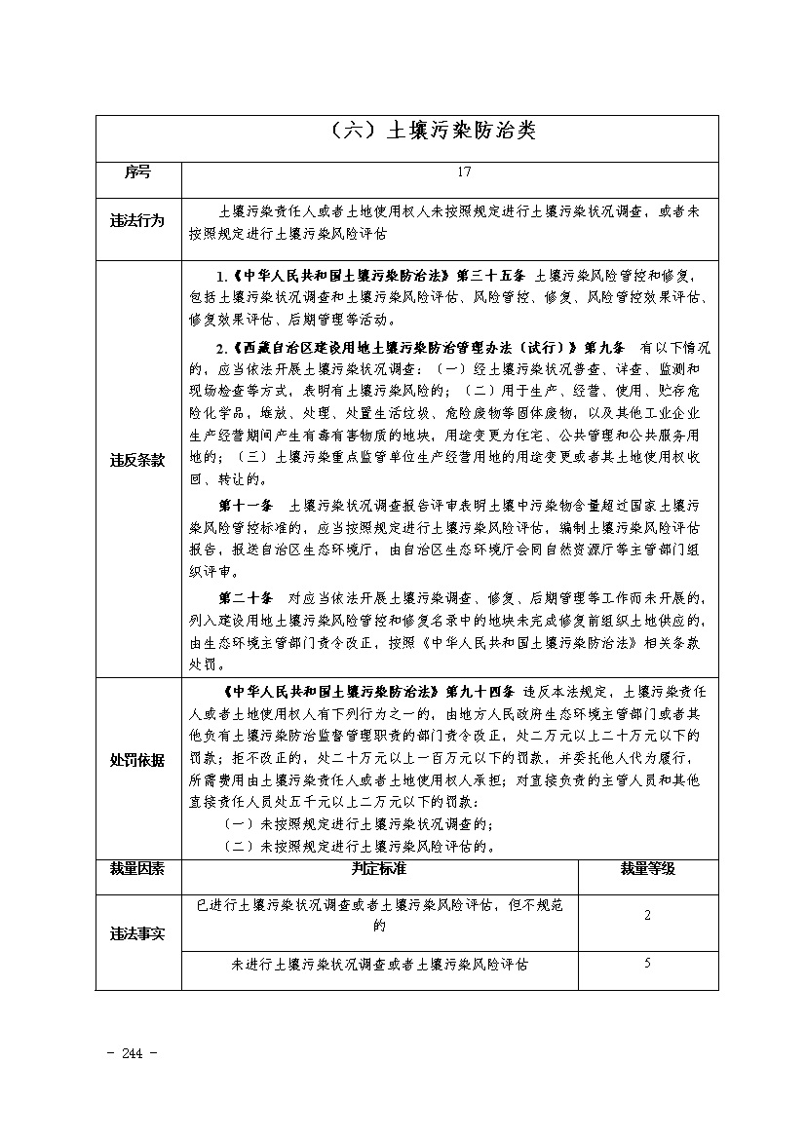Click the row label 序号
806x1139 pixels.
[x=137, y=172]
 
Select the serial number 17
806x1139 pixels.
[x=464, y=172]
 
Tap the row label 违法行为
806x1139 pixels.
[x=137, y=221]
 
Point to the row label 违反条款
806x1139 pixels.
[x=137, y=461]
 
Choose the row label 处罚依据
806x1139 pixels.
[x=137, y=760]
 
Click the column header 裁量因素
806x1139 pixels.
[x=137, y=868]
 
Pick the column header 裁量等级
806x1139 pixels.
[x=648, y=868]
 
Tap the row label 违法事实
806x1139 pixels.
[x=137, y=934]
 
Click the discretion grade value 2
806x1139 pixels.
[x=648, y=916]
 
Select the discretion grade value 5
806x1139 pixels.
[x=648, y=964]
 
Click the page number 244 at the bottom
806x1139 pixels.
[x=135, y=1054]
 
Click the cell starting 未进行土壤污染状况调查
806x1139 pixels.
[x=379, y=965]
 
